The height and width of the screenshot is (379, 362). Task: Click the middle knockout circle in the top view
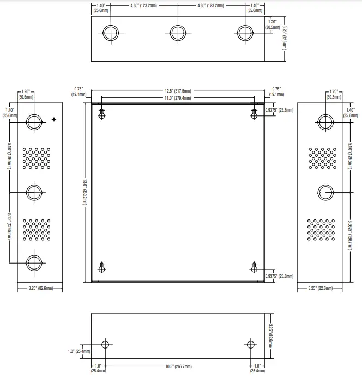click(x=177, y=33)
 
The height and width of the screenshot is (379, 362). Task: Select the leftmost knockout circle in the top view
click(x=110, y=33)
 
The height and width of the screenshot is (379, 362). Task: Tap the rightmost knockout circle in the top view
click(x=244, y=33)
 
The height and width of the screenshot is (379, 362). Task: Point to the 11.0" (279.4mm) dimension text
click(x=178, y=98)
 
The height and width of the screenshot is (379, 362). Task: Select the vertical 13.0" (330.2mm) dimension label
click(x=85, y=192)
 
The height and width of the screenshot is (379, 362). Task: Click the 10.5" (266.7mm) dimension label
click(x=178, y=366)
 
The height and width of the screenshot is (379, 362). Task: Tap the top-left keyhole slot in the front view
click(x=102, y=113)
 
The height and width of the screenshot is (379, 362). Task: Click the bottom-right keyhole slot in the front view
click(x=254, y=267)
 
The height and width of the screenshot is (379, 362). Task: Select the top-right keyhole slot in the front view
click(x=254, y=113)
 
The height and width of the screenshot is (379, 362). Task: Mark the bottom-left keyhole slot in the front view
click(x=102, y=267)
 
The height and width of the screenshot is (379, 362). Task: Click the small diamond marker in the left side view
click(x=53, y=119)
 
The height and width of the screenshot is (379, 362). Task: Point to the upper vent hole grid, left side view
click(x=36, y=157)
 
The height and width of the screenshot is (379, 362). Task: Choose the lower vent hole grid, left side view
click(x=36, y=230)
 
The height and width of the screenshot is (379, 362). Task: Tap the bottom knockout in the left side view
click(x=34, y=261)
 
